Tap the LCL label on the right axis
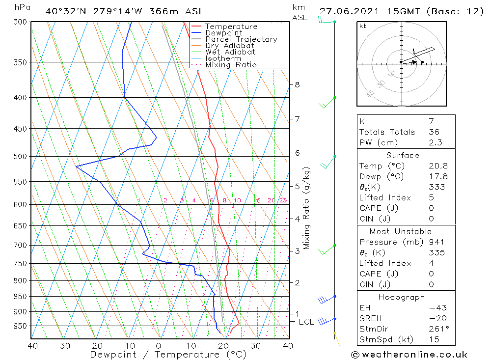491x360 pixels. pyautogui.click(x=306, y=322)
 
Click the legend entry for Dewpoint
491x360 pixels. pyautogui.click(x=224, y=33)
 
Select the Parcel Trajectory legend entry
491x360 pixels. pyautogui.click(x=241, y=39)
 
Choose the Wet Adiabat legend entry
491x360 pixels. pyautogui.click(x=230, y=52)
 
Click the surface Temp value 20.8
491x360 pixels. pyautogui.click(x=437, y=166)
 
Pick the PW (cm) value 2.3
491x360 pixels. pyautogui.click(x=435, y=142)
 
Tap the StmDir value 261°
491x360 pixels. pyautogui.click(x=437, y=329)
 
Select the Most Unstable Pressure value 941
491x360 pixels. pyautogui.click(x=436, y=242)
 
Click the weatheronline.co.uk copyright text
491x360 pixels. pyautogui.click(x=409, y=354)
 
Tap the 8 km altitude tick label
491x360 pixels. pyautogui.click(x=297, y=84)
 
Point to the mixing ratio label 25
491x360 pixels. pyautogui.click(x=283, y=200)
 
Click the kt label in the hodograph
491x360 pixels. pyautogui.click(x=362, y=26)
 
